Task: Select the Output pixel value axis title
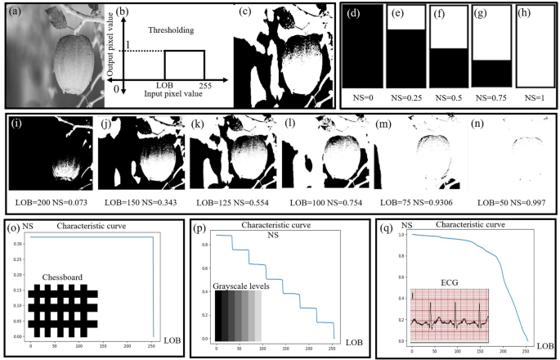coord(109,52)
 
